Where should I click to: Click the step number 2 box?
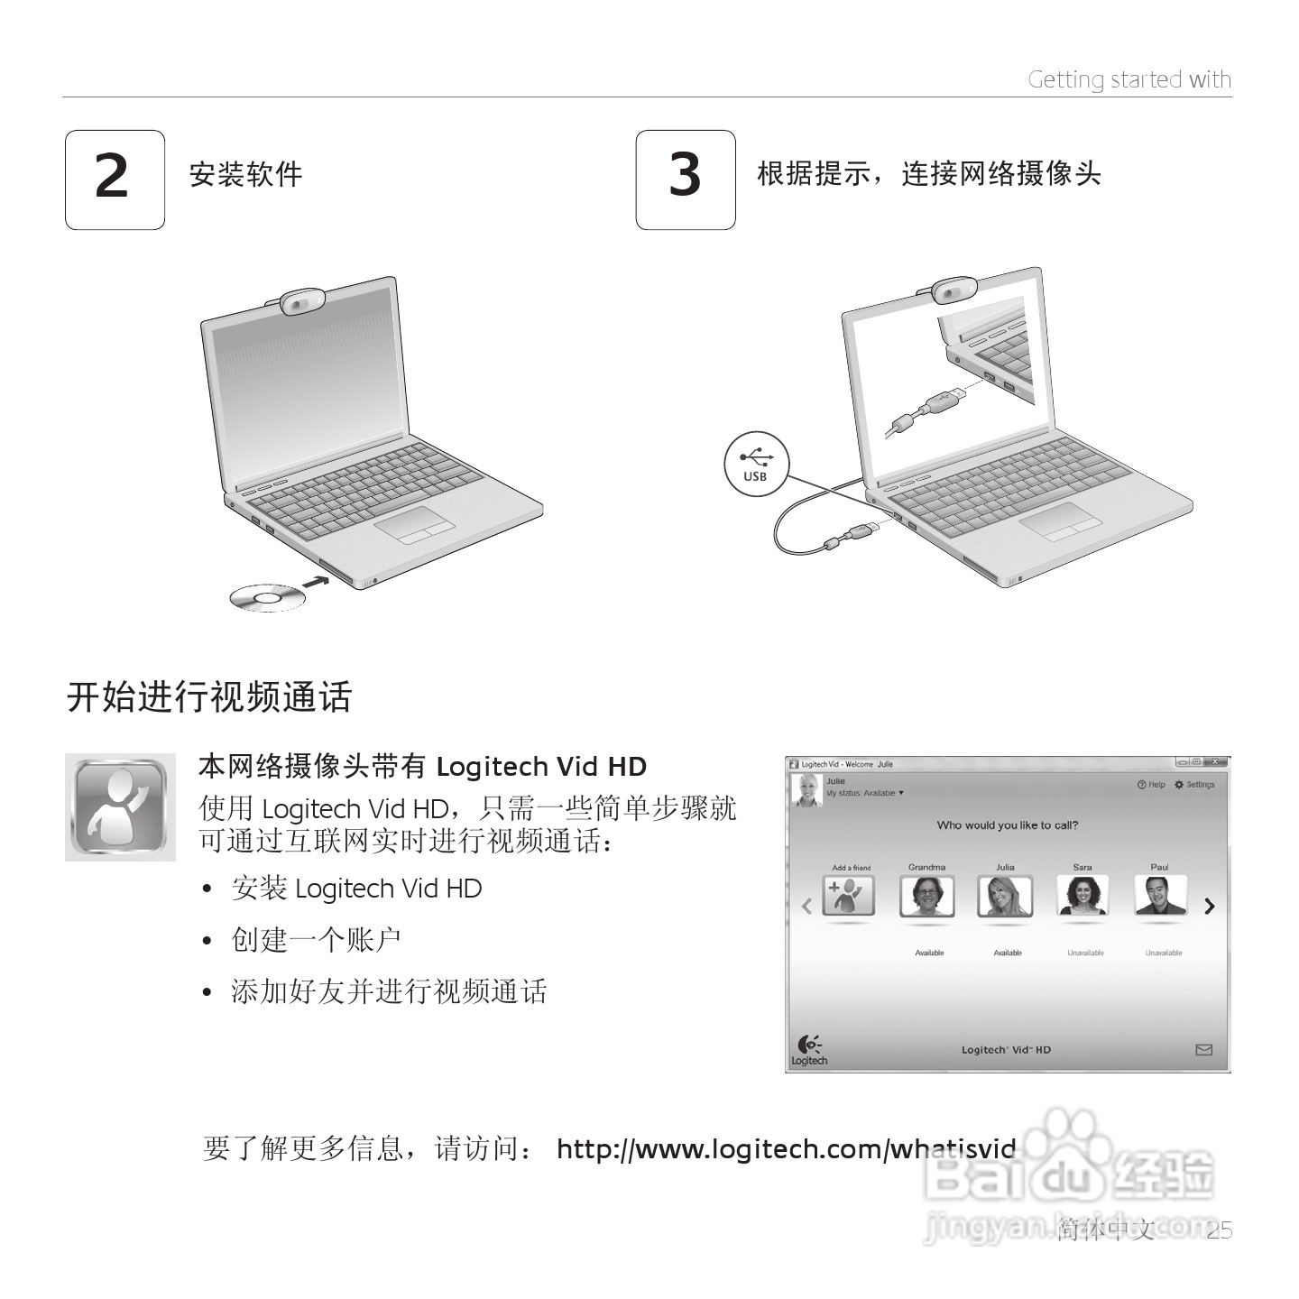115,180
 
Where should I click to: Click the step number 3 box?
686,180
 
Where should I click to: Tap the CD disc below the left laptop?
267,597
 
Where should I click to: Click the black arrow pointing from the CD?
316,582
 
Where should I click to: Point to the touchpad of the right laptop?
1062,521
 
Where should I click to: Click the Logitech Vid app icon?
120,806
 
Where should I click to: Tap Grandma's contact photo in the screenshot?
926,896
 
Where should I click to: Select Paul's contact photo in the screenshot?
1160,896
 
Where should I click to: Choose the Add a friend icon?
848,896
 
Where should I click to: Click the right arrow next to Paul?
1210,906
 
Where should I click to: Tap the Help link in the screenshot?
1152,785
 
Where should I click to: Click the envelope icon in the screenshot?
1203,1050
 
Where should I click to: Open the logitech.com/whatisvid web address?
786,1149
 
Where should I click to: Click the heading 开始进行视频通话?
209,697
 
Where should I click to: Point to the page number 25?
1219,1230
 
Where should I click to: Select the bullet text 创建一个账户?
316,940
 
